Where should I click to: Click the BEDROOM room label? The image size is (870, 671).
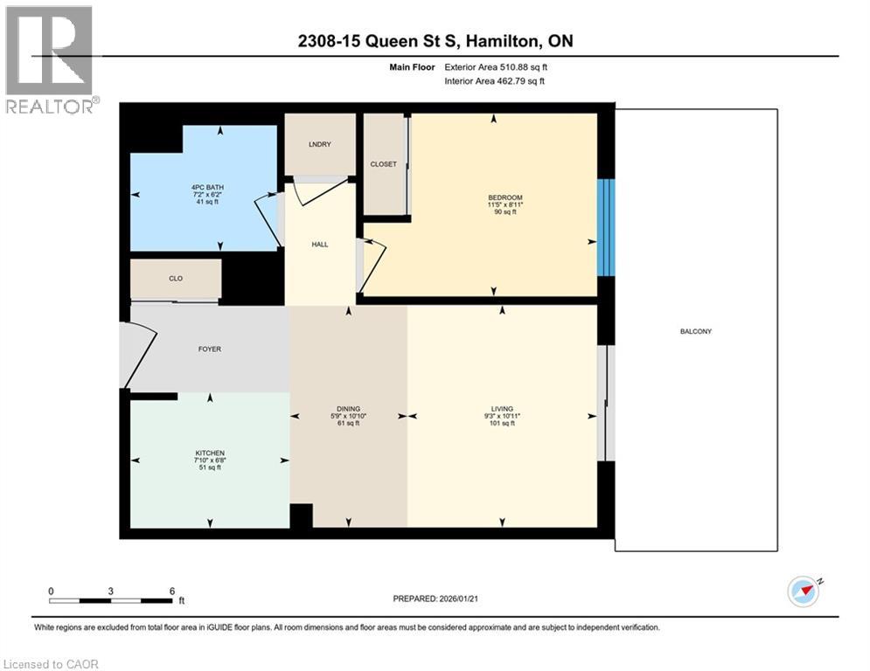point(505,198)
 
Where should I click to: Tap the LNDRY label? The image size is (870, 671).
point(320,144)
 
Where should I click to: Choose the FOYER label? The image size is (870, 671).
point(210,349)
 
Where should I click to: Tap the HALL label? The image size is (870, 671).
point(320,244)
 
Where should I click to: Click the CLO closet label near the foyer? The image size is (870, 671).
point(176,280)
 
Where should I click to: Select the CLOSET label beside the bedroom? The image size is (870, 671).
point(383,164)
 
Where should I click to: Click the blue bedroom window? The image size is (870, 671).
point(606,227)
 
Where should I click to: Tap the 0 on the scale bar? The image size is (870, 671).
point(52,591)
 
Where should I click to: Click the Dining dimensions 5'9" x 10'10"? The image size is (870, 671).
point(348,416)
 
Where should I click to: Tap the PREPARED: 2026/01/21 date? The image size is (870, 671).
point(439,598)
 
